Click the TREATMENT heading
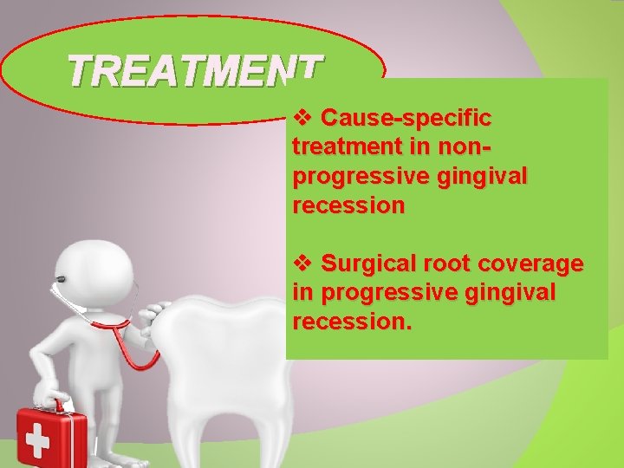click(x=195, y=71)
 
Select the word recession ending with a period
click(x=353, y=323)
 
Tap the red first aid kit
click(x=53, y=438)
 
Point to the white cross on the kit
click(x=37, y=442)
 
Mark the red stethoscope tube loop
click(x=143, y=355)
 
